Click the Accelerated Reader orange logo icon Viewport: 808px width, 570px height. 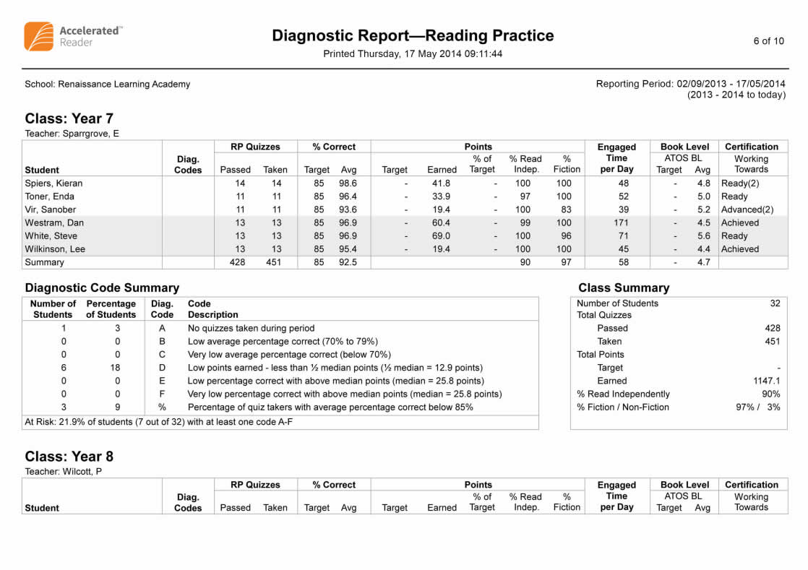38,36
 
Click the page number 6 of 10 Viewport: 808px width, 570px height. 768,40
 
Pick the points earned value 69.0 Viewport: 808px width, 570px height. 441,236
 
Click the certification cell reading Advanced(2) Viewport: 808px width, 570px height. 747,210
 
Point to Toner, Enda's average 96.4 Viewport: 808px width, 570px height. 348,197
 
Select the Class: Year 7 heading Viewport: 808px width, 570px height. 69,118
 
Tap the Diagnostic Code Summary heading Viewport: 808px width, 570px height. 102,288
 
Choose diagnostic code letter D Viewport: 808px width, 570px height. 162,368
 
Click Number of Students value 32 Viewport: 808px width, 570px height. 775,303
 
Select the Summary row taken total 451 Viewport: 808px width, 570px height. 274,262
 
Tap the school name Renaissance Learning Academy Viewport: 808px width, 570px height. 108,84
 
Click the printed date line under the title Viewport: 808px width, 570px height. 413,53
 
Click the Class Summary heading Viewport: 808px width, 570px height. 624,288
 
